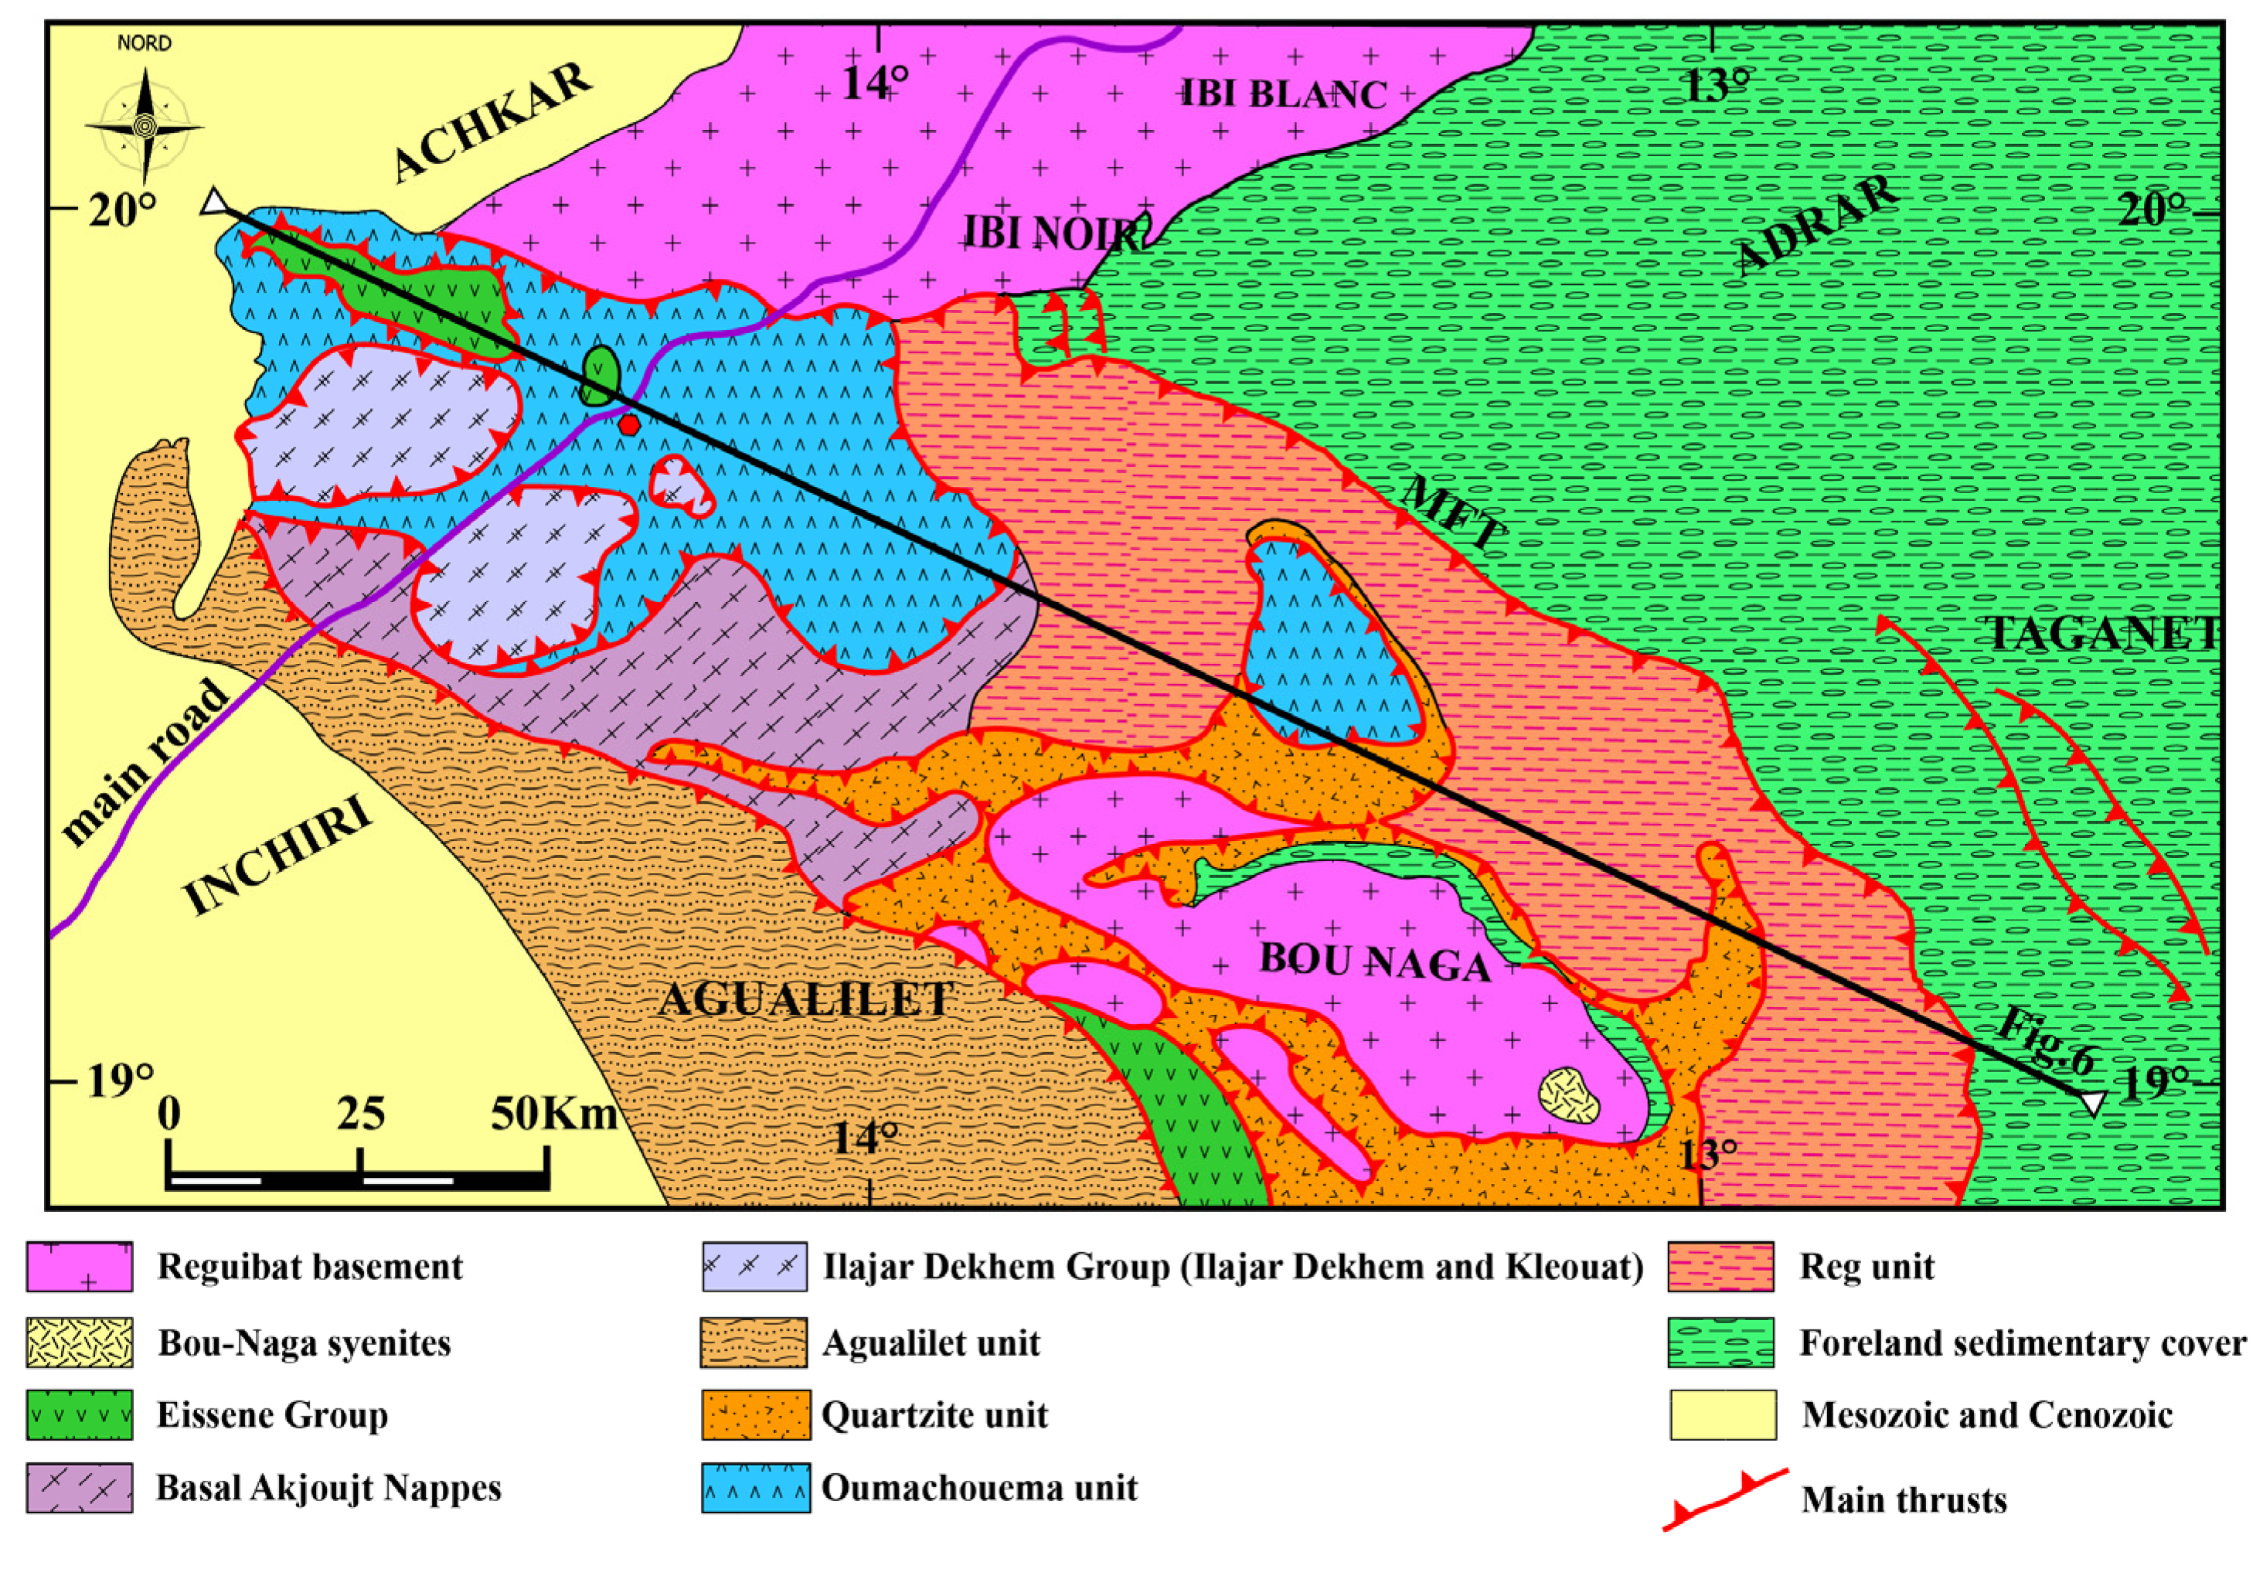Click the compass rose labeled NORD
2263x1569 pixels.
click(x=145, y=125)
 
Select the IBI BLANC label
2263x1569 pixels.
click(x=1282, y=94)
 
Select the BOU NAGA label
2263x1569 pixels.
click(x=1374, y=962)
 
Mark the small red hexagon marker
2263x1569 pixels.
click(x=630, y=424)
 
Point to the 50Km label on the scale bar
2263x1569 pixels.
click(x=553, y=1114)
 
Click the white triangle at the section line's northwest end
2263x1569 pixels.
click(x=214, y=203)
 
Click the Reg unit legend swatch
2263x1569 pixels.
click(x=1720, y=1266)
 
